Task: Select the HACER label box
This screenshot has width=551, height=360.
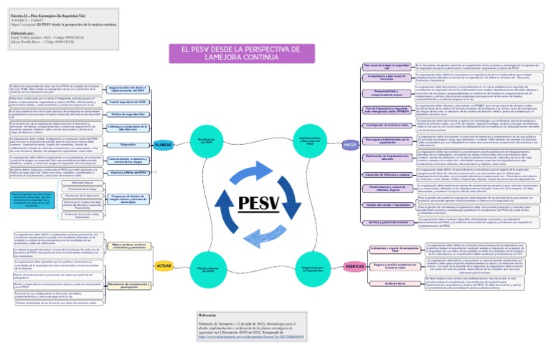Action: tap(350, 144)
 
